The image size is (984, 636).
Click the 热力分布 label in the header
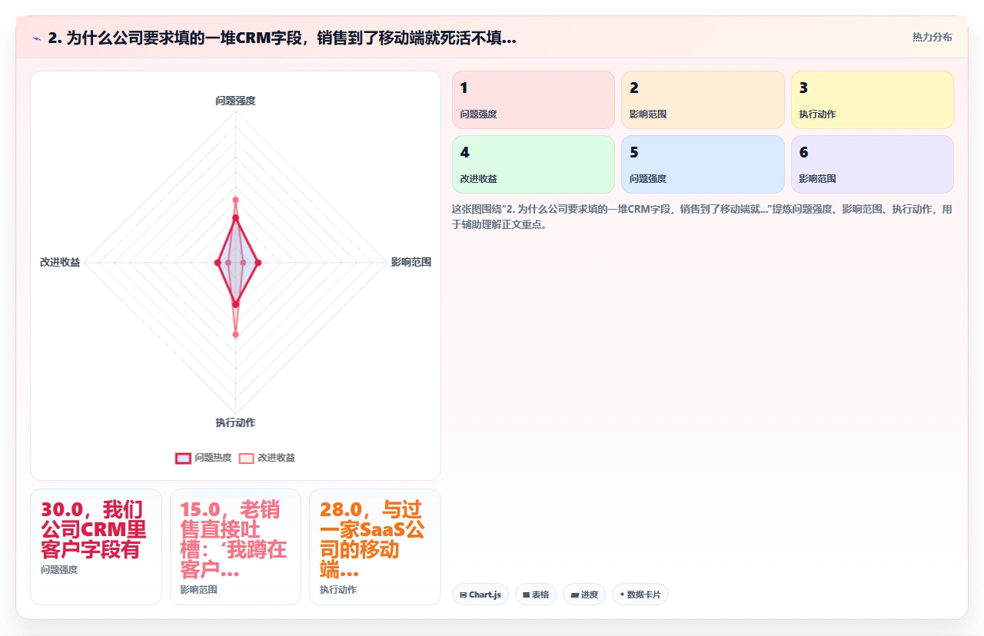tap(932, 38)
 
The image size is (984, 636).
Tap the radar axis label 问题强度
tap(235, 101)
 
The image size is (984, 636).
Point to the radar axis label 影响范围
tap(411, 262)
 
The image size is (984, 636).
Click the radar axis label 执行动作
tap(235, 422)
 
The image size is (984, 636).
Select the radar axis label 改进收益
tap(60, 262)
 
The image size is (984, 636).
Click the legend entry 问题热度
tap(204, 458)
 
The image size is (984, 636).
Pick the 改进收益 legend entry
tap(267, 458)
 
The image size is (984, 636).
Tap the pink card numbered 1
tap(534, 100)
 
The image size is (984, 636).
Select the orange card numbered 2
tap(703, 100)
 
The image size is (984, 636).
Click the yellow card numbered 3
tap(873, 100)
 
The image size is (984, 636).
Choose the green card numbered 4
tap(534, 164)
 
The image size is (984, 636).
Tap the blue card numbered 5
tap(703, 164)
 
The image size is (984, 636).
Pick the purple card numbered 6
tap(873, 164)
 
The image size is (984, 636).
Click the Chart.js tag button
tap(480, 595)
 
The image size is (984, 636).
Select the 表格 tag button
tap(536, 595)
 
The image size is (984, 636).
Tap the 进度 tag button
tap(584, 595)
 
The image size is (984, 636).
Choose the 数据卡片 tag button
tap(640, 595)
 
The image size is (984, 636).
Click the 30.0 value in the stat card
tap(62, 509)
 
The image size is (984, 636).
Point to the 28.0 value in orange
tap(341, 509)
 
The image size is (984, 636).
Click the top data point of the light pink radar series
tap(235, 200)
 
